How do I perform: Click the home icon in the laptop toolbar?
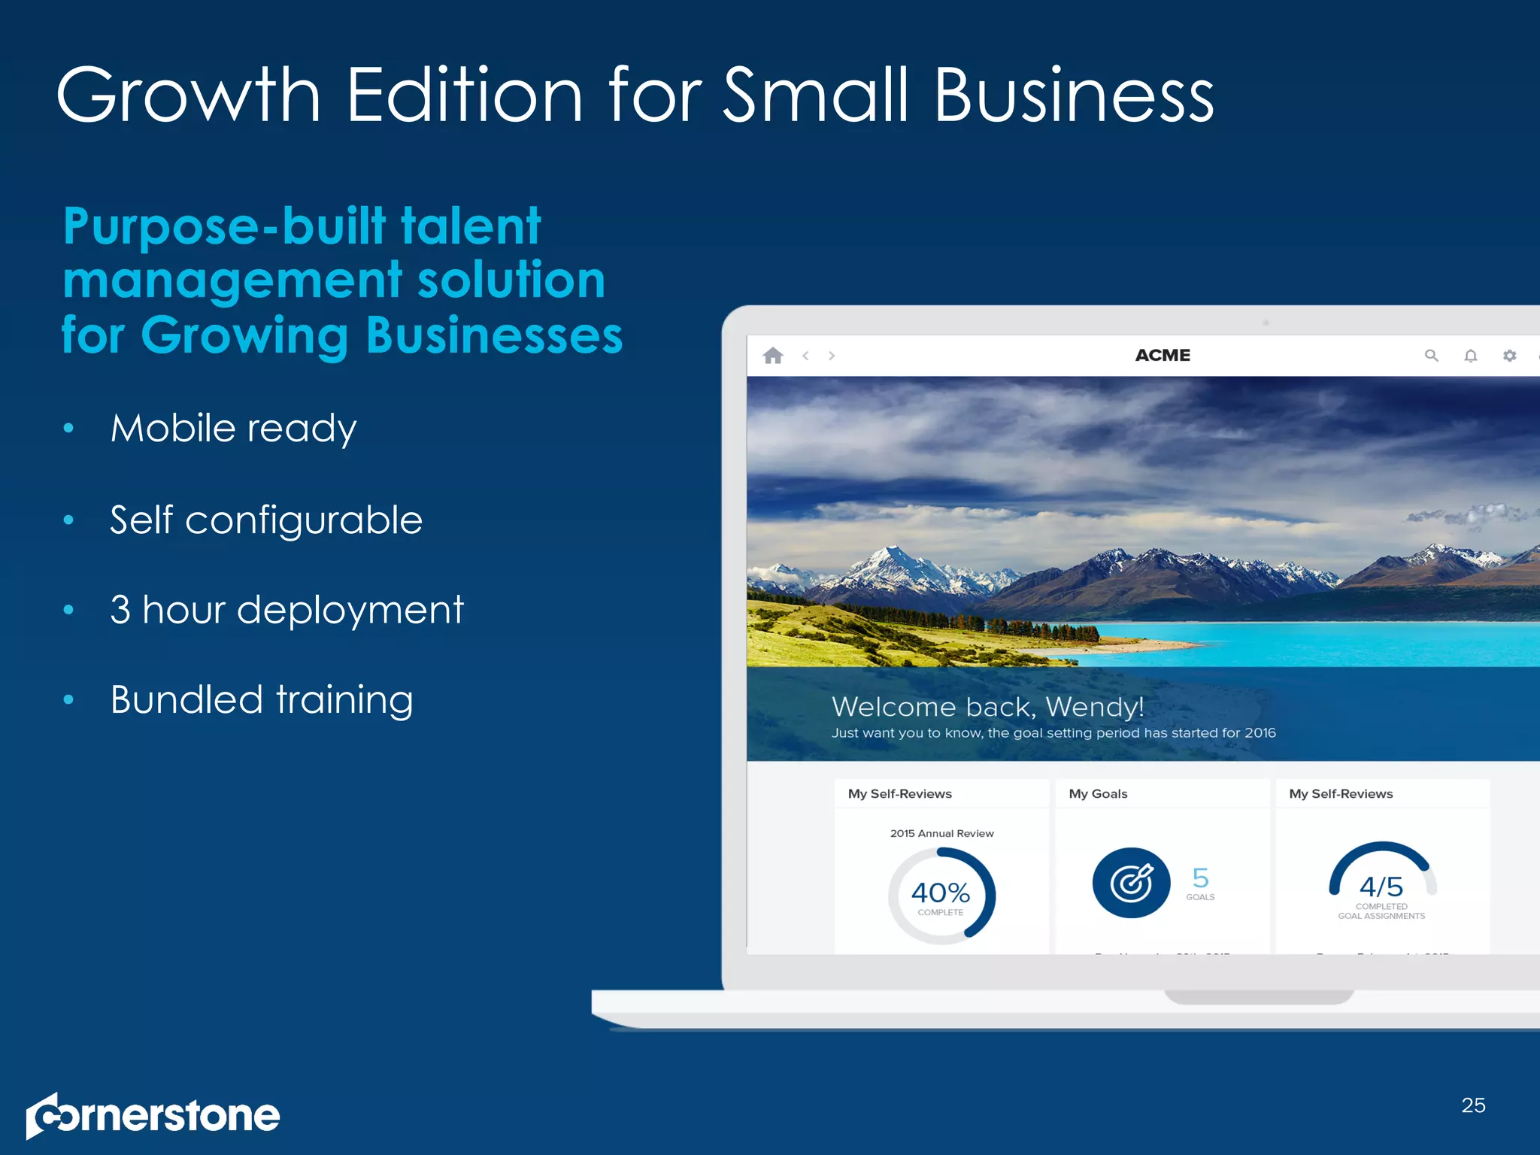pos(773,356)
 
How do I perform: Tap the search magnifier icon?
pos(1431,356)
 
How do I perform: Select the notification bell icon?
pos(1471,356)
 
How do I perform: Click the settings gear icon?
pos(1509,356)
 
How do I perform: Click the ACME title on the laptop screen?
pos(1163,356)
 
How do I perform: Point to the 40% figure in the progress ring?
pos(940,893)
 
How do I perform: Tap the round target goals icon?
pos(1131,883)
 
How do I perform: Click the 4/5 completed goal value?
pos(1381,887)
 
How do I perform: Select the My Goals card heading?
pos(1098,794)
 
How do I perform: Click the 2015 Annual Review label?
pos(941,833)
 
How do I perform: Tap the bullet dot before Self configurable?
pos(68,520)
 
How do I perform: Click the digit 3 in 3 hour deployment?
pos(120,610)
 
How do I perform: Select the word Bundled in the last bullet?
pos(186,700)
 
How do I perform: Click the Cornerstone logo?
pos(153,1115)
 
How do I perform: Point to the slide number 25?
pos(1473,1105)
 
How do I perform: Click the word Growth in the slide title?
pos(189,95)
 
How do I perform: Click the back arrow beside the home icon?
pos(805,356)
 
